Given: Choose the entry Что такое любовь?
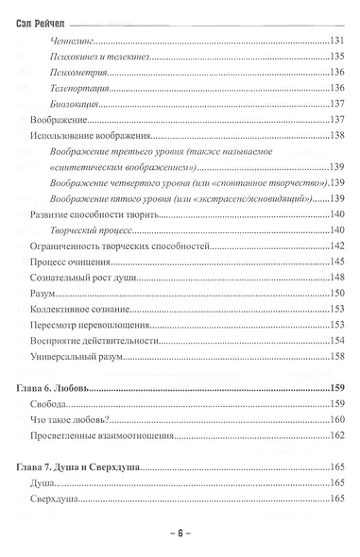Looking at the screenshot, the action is point(72,420).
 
